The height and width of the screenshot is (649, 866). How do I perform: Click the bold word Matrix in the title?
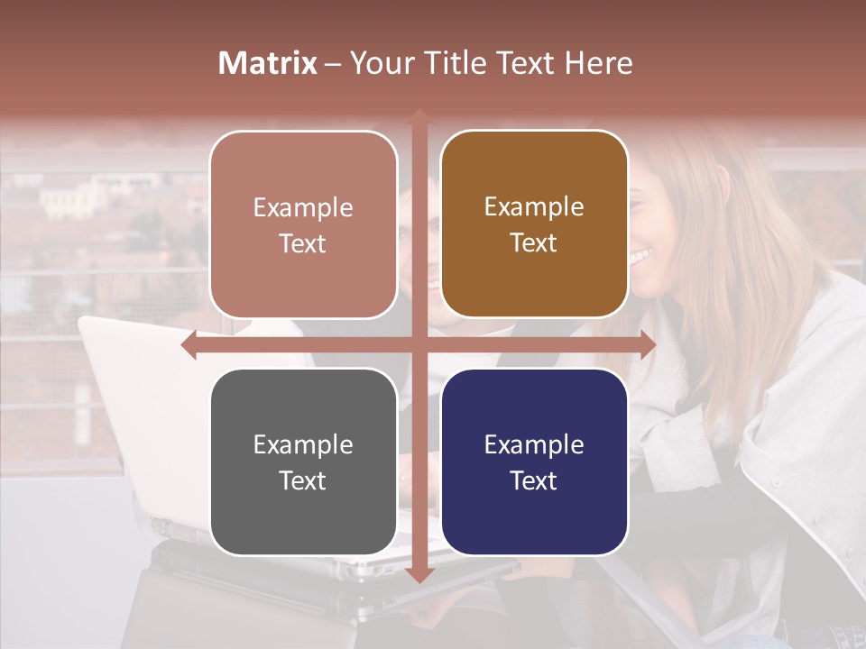point(268,63)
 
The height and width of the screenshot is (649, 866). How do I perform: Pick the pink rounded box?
point(303,224)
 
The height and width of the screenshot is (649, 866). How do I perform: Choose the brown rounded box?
point(534,224)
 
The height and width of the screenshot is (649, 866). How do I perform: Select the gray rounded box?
point(303,462)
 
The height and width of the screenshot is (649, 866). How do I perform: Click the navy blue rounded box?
point(534,462)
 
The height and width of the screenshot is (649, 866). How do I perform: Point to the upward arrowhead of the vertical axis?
point(419,116)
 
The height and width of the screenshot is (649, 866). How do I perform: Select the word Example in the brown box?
point(534,206)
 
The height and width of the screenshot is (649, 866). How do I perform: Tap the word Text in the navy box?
point(534,480)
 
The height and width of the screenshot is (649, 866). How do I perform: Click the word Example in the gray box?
point(303,444)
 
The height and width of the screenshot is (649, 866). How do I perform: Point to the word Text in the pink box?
point(303,243)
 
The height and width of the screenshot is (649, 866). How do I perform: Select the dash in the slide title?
point(333,64)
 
